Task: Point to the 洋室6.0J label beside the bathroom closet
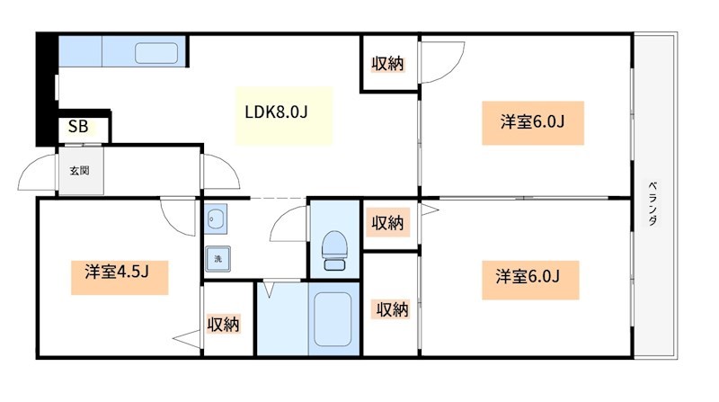coord(527,276)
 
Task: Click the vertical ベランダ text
coord(650,203)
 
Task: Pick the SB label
coord(78,128)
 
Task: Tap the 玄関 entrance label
coord(78,169)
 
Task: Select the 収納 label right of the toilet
coord(388,222)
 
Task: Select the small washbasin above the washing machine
coord(217,218)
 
